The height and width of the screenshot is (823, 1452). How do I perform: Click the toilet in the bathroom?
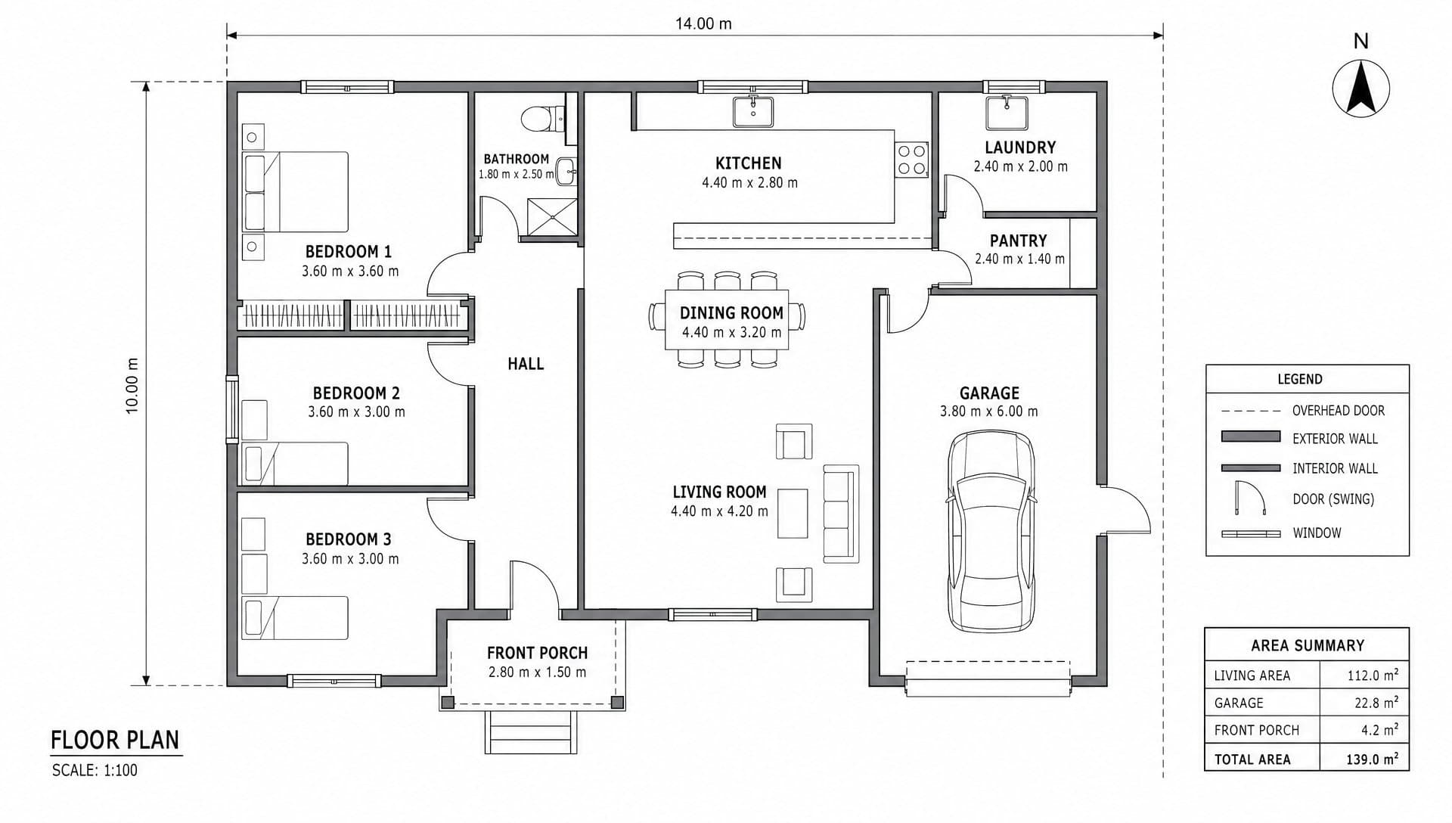[542, 119]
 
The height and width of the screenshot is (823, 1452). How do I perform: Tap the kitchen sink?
[753, 111]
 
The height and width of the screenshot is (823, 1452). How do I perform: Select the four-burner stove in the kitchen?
[911, 160]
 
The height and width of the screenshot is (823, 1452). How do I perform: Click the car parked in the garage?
[991, 532]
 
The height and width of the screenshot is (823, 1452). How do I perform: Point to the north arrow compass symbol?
[1360, 89]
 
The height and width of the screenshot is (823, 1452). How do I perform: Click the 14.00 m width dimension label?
[703, 23]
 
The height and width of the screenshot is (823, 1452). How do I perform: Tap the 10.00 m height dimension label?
[132, 385]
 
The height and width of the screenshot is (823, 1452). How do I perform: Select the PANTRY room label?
[1018, 241]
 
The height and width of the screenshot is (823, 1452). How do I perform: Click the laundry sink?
[1007, 113]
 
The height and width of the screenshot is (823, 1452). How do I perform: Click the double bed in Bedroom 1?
[295, 191]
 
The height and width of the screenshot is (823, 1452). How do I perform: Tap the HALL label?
[526, 364]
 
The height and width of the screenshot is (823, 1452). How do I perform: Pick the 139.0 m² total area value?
[1372, 759]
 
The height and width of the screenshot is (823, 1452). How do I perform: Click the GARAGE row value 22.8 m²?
[1376, 703]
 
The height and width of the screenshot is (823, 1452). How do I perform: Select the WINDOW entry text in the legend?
[1317, 533]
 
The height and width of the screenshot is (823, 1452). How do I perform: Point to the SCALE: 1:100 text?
[95, 771]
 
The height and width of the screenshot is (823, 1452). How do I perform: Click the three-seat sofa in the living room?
[841, 514]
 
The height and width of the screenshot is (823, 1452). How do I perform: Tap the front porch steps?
[531, 732]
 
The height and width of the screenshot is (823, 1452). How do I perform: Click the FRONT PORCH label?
[537, 653]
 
